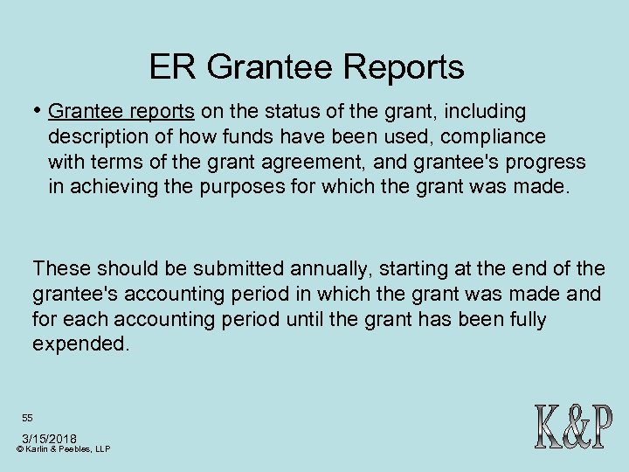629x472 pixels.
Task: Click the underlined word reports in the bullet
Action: pos(164,112)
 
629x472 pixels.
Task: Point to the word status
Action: pos(280,112)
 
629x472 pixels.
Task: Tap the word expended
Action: pos(80,344)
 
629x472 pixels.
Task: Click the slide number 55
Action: pos(28,418)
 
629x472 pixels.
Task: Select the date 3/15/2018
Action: pos(49,437)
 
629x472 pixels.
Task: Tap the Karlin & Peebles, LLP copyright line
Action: pos(63,448)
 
